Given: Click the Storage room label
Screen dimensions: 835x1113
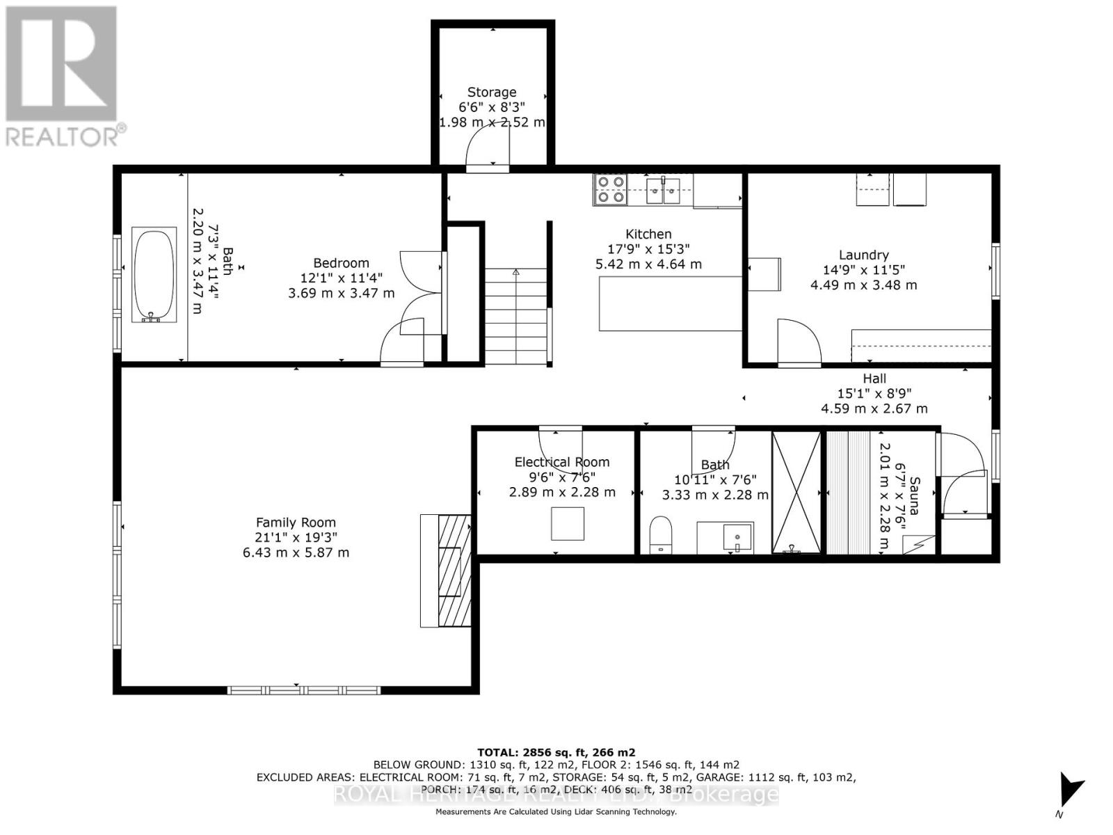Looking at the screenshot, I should pos(491,92).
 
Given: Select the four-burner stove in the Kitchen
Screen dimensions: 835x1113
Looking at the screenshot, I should pos(610,189).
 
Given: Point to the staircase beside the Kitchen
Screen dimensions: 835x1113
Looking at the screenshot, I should pos(515,317).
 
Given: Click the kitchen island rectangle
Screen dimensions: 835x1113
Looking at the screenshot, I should pos(671,303).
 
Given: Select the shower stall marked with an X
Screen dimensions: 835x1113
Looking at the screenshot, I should pos(796,492).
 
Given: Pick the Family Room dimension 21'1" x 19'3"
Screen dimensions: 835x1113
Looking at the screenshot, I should pos(296,537).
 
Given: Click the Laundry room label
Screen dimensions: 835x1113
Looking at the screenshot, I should pos(863,255).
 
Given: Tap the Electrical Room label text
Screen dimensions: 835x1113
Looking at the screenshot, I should pos(562,461).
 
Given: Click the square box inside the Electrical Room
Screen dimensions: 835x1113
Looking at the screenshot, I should pos(568,524).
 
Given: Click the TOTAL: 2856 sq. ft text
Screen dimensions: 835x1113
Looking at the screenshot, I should pos(556,752).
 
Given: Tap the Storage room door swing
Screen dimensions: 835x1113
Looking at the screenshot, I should pos(489,148).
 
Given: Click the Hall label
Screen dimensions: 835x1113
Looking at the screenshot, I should pos(874,378).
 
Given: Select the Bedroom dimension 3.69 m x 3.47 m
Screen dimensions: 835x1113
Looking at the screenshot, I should pos(341,293).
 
